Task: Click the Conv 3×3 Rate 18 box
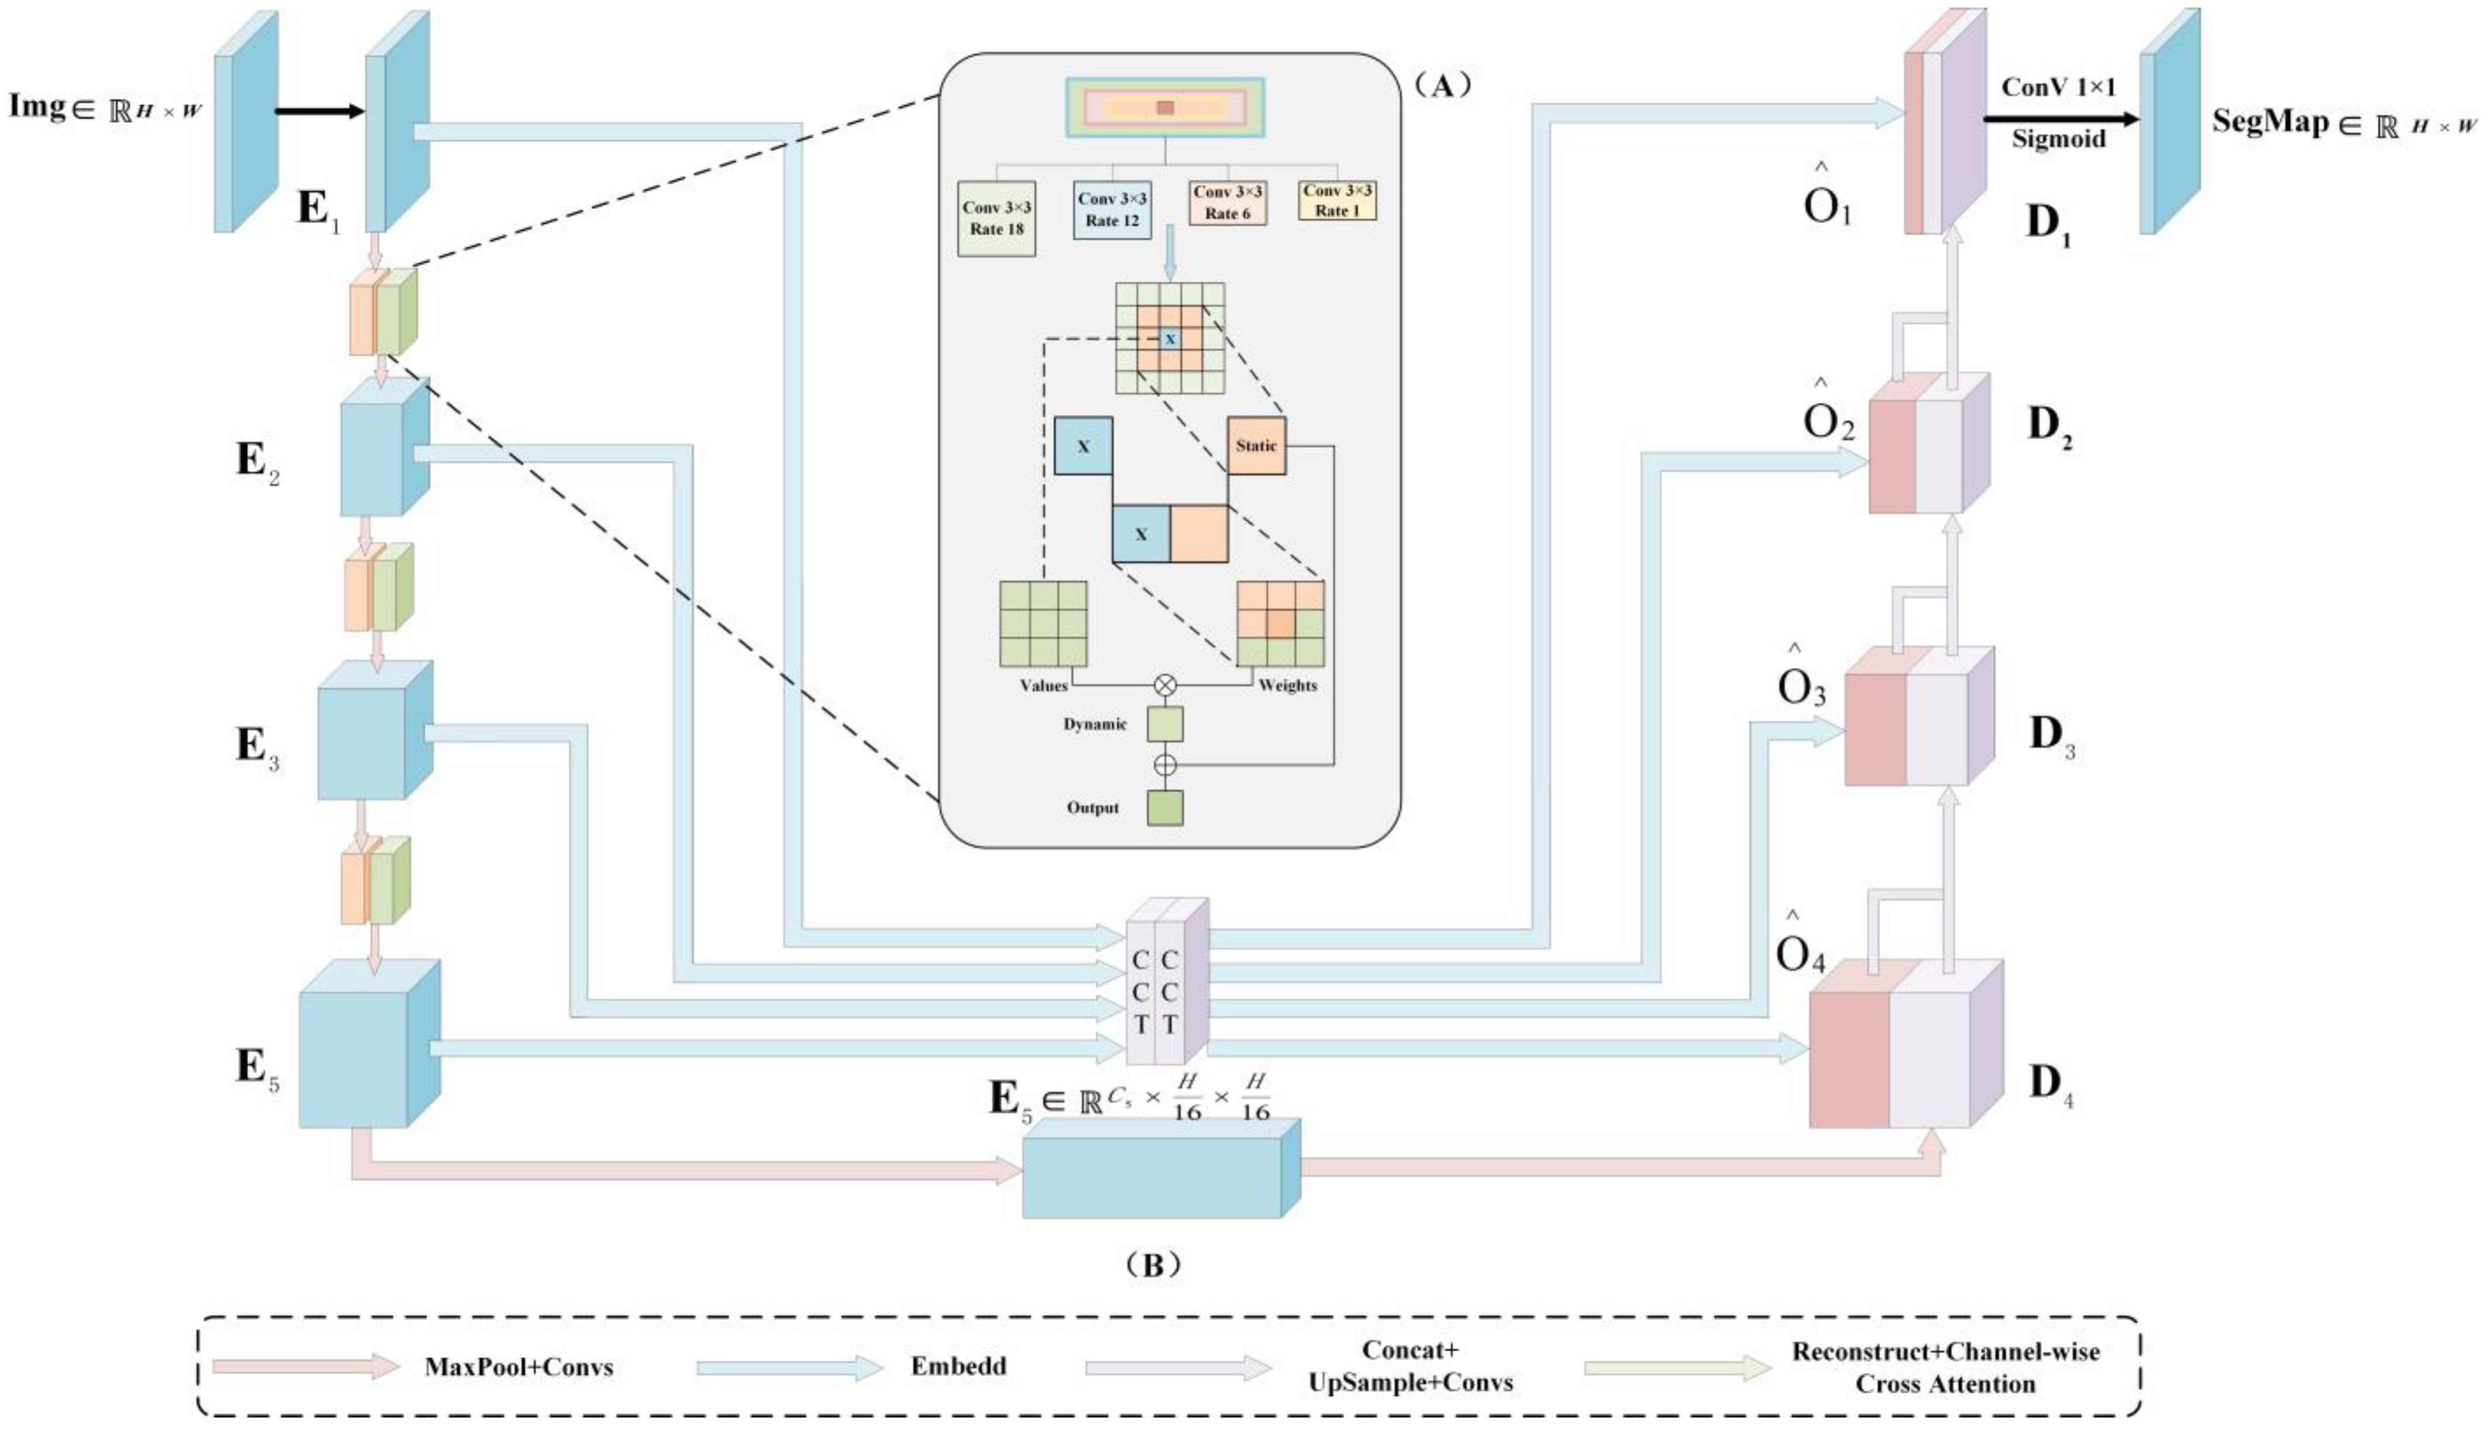[996, 218]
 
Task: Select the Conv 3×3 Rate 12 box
[1112, 210]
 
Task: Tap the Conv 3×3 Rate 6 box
[1228, 203]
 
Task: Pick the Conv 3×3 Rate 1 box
[1338, 201]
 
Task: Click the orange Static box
[1256, 445]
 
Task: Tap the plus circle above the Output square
[1166, 764]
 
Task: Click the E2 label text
[258, 462]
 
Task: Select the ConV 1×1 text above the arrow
[2058, 87]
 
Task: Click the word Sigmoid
[2058, 138]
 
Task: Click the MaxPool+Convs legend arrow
[306, 1367]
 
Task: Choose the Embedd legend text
[958, 1366]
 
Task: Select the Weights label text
[1288, 685]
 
